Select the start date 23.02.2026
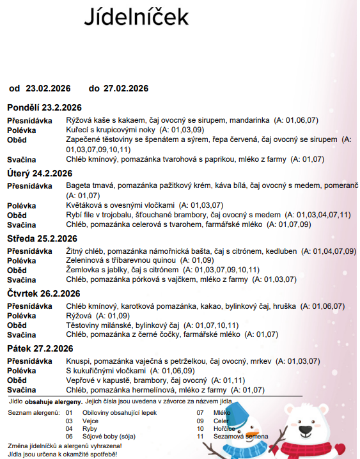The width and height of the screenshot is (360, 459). pos(48,88)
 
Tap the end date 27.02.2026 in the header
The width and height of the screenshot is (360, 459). pos(126,88)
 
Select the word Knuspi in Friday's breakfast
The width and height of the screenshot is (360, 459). pos(78,361)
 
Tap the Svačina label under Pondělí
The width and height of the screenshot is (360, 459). pos(21,159)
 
